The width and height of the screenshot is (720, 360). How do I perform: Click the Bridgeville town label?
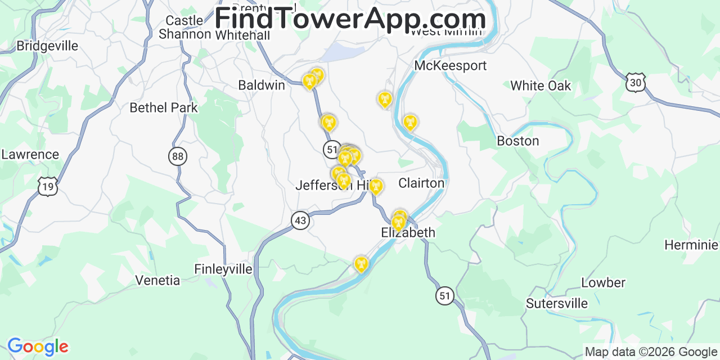(x=47, y=46)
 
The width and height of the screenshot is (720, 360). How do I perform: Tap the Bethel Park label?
(x=164, y=107)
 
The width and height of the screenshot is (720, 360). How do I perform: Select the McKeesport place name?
(x=450, y=65)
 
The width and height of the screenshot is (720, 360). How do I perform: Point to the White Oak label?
(x=540, y=85)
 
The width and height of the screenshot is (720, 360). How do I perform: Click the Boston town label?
(x=517, y=141)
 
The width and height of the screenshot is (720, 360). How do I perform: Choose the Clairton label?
(x=421, y=183)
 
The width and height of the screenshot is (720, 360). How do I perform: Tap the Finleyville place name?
(x=223, y=269)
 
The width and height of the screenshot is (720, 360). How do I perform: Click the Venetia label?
(x=157, y=280)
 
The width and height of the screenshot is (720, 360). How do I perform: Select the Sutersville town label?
(x=556, y=303)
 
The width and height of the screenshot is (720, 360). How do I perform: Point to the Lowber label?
(x=603, y=282)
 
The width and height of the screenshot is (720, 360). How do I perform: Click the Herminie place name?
(x=691, y=245)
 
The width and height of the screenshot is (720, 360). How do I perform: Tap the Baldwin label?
(x=262, y=85)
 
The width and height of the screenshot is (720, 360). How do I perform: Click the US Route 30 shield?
(x=635, y=82)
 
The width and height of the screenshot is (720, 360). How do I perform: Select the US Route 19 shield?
(x=47, y=186)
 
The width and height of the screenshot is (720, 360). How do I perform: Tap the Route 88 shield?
(x=178, y=156)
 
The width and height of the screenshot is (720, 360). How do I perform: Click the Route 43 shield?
(x=300, y=220)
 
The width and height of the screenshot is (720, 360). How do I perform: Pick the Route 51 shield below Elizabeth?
(x=445, y=295)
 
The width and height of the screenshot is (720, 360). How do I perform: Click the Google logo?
(x=38, y=346)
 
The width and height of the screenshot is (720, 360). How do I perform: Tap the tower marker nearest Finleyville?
(x=361, y=263)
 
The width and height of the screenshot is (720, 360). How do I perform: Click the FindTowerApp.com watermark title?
(x=350, y=19)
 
